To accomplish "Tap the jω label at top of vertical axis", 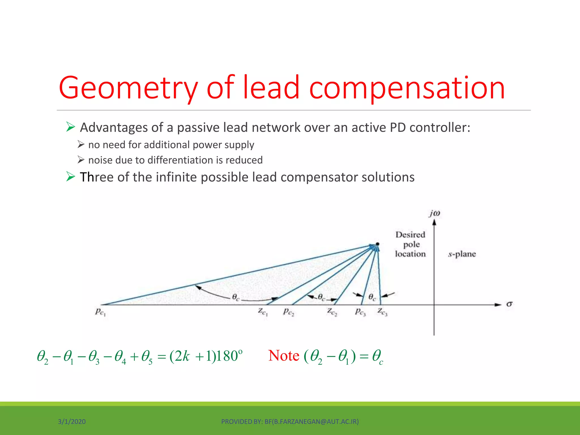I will pos(434,213).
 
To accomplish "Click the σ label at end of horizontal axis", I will pos(509,304).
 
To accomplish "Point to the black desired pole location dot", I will pos(378,244).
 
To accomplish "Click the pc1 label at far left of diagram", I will pos(100,312).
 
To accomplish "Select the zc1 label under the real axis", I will pos(263,312).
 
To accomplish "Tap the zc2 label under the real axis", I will pos(332,312).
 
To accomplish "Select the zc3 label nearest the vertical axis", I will pos(382,312).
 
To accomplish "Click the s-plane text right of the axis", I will pos(462,254).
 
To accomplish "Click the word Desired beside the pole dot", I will pos(410,234).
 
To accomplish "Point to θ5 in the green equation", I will pos(147,357).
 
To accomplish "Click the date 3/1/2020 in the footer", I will pos(72,422).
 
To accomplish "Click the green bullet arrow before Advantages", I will pos(71,127).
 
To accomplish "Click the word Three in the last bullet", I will pos(96,177).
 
